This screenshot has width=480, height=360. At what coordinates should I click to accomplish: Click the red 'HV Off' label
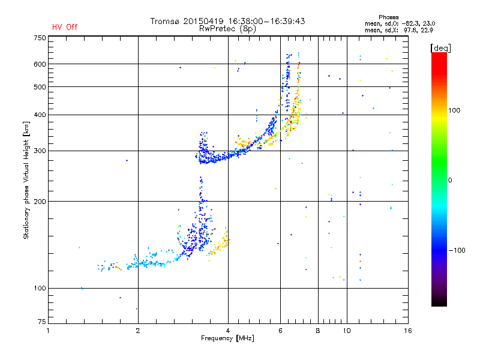click(x=64, y=27)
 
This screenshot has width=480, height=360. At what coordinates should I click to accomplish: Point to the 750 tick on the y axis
click(x=40, y=38)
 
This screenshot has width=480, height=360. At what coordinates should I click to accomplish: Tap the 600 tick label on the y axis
click(x=40, y=64)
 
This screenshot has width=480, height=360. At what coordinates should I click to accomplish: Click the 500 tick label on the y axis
click(x=40, y=86)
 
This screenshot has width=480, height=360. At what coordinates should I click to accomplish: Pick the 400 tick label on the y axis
click(x=40, y=115)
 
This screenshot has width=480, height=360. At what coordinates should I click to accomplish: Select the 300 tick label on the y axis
click(x=40, y=151)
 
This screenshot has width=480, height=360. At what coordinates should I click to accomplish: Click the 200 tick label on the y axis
click(x=40, y=201)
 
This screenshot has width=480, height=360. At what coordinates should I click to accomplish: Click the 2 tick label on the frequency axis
click(x=138, y=331)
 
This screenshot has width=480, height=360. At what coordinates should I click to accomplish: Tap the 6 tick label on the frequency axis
click(x=280, y=331)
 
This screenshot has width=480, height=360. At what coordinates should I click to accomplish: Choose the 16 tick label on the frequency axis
click(x=407, y=331)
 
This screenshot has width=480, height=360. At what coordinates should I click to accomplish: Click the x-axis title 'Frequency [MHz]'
click(x=227, y=339)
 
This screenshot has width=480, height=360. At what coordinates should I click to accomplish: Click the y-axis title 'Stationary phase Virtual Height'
click(x=26, y=180)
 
